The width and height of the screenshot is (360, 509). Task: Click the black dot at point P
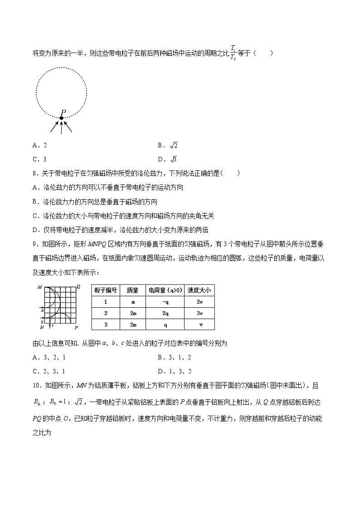click(x=61, y=118)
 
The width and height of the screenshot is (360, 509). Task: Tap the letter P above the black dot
click(x=63, y=112)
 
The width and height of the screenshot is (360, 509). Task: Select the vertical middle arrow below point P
click(x=61, y=127)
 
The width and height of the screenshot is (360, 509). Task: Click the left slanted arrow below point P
click(x=54, y=126)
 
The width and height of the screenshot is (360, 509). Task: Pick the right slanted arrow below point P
click(x=68, y=126)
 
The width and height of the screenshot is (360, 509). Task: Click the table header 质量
click(x=132, y=290)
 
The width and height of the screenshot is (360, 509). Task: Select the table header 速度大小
click(x=199, y=290)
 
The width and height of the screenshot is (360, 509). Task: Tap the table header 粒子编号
click(x=106, y=290)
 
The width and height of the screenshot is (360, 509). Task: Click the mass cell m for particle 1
click(x=132, y=301)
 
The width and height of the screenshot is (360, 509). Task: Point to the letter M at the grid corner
click(x=40, y=287)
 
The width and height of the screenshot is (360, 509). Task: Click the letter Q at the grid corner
click(x=78, y=286)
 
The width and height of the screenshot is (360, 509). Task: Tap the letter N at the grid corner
click(x=42, y=327)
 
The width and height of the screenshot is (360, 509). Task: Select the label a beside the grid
click(x=42, y=310)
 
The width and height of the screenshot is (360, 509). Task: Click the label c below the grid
click(x=53, y=325)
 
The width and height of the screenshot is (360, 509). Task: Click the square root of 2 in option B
click(x=173, y=145)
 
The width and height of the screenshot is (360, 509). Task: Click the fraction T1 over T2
click(x=233, y=53)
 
